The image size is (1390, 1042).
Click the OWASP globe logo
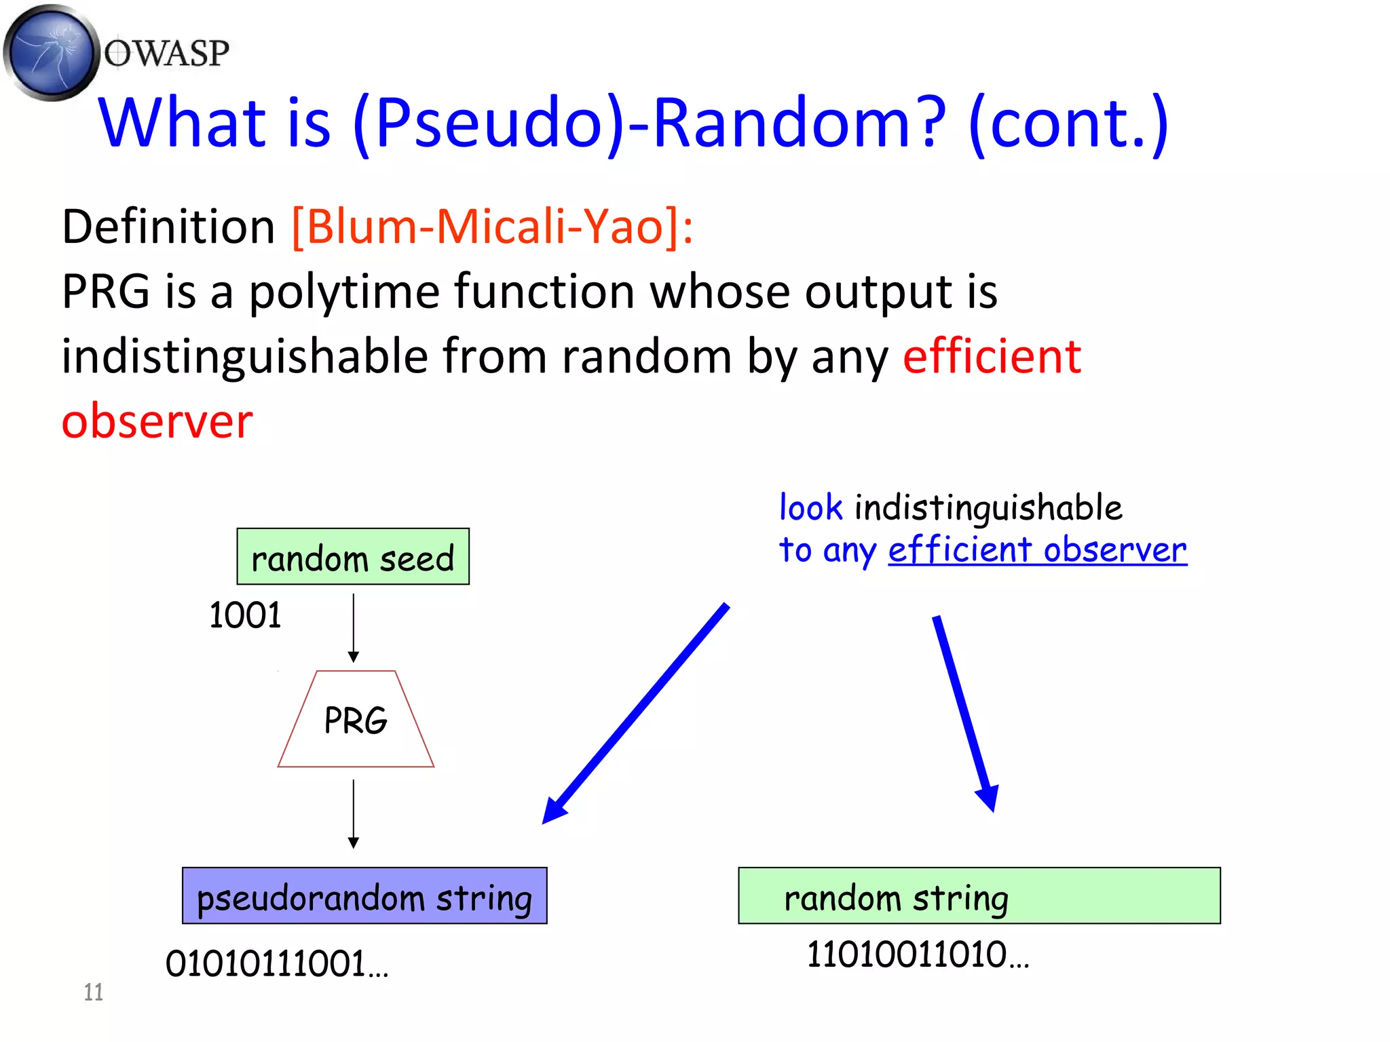[x=51, y=52]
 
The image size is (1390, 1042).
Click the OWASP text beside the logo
[x=167, y=54]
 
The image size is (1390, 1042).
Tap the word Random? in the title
[x=798, y=123]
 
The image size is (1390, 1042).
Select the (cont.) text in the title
[x=1068, y=123]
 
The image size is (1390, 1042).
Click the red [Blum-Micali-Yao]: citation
[x=493, y=226]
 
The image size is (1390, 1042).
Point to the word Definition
[x=168, y=226]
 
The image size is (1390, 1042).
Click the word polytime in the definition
[x=344, y=292]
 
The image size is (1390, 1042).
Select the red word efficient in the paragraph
[x=992, y=356]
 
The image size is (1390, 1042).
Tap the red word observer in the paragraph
[x=157, y=421]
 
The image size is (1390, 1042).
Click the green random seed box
[x=353, y=557]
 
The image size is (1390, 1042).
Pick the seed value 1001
[x=245, y=615]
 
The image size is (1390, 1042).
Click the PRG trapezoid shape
[x=356, y=720]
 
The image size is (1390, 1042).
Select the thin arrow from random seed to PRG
[x=354, y=628]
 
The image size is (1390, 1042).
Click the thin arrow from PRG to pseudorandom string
[x=354, y=813]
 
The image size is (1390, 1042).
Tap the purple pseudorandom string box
[x=364, y=896]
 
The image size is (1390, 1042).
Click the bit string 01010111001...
[x=276, y=964]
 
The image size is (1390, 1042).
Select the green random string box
[x=979, y=896]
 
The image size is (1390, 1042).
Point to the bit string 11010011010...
[x=917, y=954]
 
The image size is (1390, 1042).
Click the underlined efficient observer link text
[x=1037, y=549]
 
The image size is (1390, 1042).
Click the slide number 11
[x=94, y=992]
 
